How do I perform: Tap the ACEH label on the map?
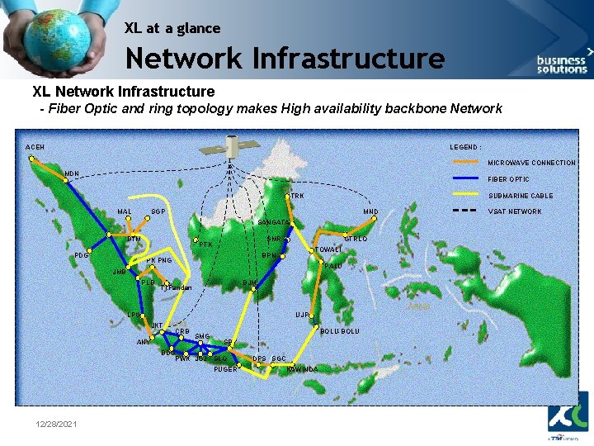35,147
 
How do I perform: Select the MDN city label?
72,173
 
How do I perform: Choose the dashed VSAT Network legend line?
466,211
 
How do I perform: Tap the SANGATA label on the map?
273,224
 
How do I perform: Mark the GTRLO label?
356,240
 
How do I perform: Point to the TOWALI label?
328,249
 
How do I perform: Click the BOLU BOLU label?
339,331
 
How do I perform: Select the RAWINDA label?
302,369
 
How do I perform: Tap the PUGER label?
225,369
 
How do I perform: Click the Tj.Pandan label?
177,288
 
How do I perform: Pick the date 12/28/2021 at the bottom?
57,424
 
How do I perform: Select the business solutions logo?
562,62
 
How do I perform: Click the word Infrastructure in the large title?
348,59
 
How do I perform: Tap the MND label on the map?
370,212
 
